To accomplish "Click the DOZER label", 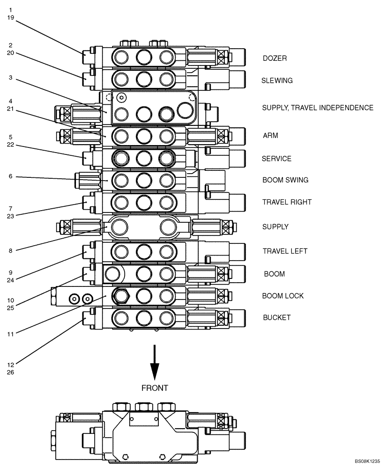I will click(x=275, y=58).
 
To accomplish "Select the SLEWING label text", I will click(x=277, y=80).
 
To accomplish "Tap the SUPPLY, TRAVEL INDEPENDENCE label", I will click(x=317, y=108).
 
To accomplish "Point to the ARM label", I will click(x=270, y=136).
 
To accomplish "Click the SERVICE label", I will click(x=276, y=159).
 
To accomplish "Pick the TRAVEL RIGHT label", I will click(x=287, y=202).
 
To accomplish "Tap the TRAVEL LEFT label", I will click(x=285, y=251).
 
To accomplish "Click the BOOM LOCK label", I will click(x=282, y=296).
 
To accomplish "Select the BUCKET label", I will click(x=276, y=317).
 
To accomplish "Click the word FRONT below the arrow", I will click(x=154, y=388).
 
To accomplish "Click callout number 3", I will click(x=10, y=78).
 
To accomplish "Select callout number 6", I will click(x=10, y=176).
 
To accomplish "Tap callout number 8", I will click(x=10, y=251).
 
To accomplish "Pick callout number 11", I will click(x=10, y=334).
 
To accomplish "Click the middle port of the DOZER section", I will click(x=144, y=58).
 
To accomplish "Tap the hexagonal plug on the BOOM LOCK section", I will click(x=122, y=296).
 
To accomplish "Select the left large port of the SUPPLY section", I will click(x=121, y=227).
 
